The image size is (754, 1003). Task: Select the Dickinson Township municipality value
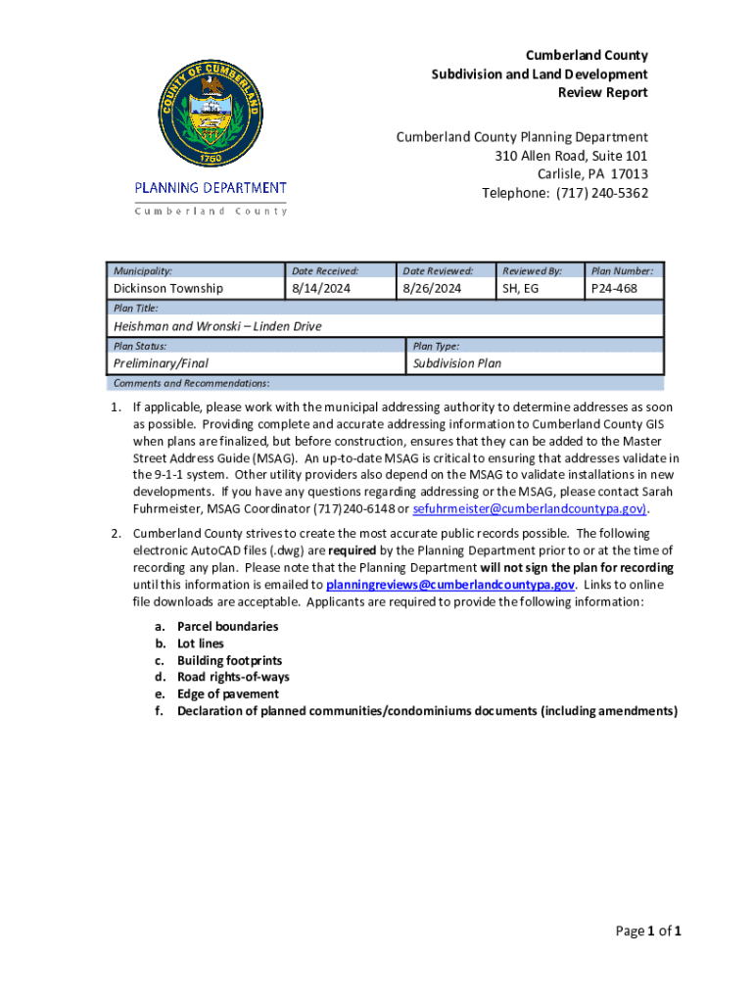click(x=167, y=288)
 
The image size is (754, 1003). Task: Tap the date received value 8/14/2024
click(x=322, y=288)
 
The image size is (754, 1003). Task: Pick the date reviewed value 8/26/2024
click(x=431, y=288)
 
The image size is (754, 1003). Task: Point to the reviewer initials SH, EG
click(x=520, y=288)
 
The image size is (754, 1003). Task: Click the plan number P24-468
click(x=613, y=288)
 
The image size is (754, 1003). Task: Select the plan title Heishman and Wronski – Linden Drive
click(x=217, y=325)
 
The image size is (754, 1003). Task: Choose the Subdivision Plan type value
click(x=457, y=362)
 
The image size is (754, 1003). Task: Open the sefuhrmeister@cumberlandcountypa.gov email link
click(x=529, y=509)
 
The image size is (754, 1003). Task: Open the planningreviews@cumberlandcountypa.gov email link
click(x=449, y=585)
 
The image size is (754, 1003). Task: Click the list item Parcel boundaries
click(x=227, y=626)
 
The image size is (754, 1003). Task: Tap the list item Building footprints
click(x=229, y=660)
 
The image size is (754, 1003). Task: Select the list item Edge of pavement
click(x=227, y=693)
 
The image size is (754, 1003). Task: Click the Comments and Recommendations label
click(x=192, y=383)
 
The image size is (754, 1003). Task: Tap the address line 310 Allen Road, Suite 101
click(x=571, y=156)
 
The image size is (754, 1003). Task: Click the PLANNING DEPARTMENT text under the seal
click(x=211, y=188)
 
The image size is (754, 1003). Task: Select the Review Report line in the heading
click(x=602, y=92)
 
